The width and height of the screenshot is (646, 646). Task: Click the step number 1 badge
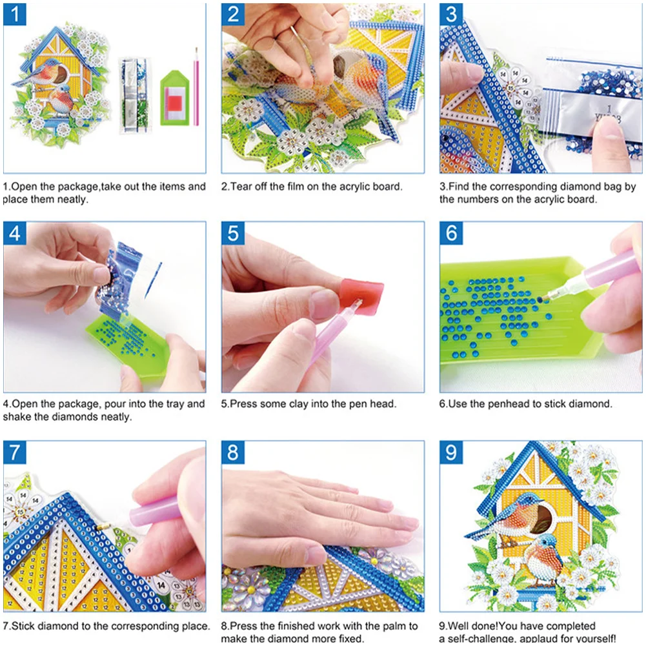(14, 14)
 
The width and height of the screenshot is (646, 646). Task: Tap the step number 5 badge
(233, 233)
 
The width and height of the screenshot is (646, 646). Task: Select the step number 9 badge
(451, 452)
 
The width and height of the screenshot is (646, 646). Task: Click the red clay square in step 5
(363, 296)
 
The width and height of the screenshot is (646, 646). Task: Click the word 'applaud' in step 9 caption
(538, 638)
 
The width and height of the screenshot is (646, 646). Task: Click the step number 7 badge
(14, 452)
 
